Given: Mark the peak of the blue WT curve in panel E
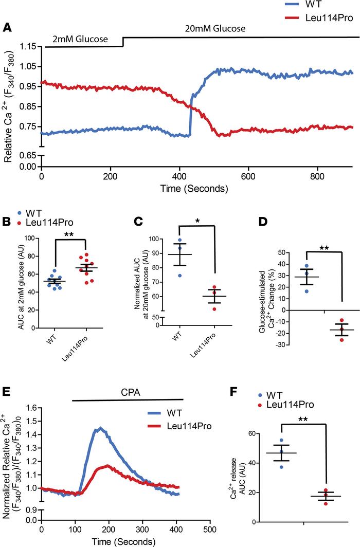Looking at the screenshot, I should (100, 427).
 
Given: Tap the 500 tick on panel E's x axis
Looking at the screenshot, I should (210, 530).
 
